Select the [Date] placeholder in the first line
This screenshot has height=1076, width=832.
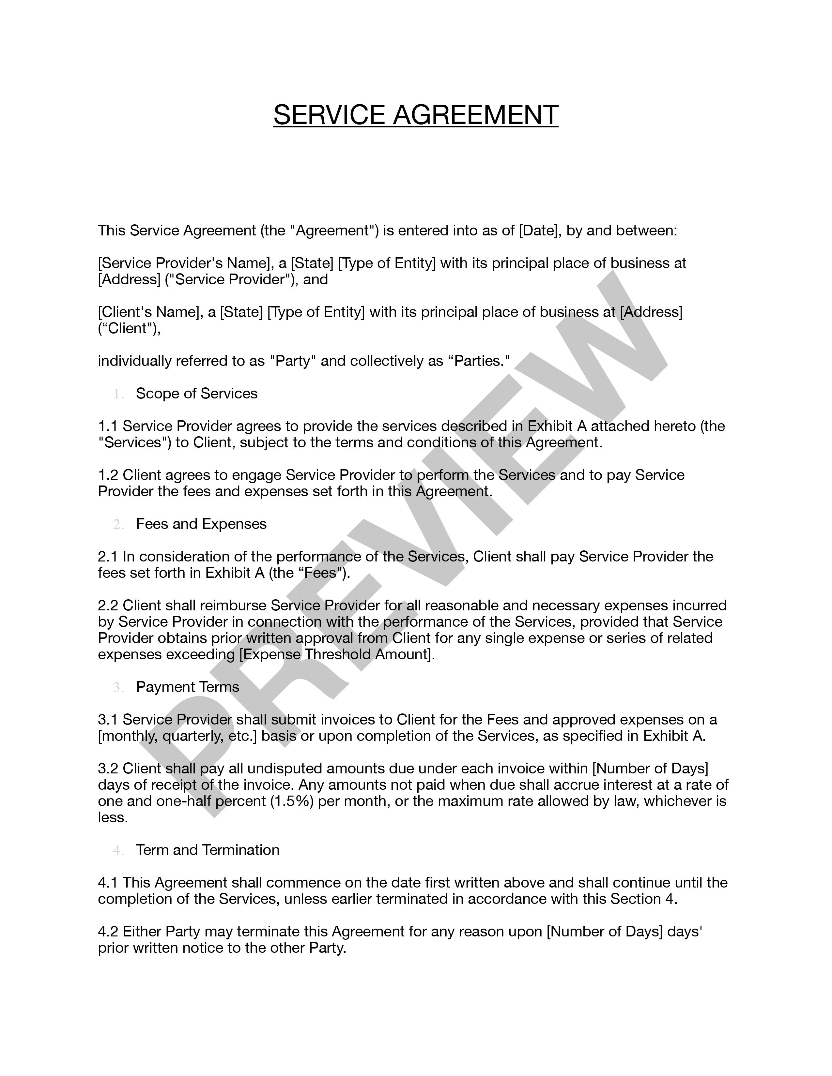(x=539, y=231)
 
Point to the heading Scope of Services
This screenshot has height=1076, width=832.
(x=197, y=394)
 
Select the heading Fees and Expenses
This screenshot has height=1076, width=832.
(x=201, y=524)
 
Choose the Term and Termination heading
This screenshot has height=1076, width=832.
(x=208, y=850)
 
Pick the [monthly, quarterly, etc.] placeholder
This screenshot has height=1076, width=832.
(x=177, y=736)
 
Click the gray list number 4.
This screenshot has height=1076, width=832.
(x=118, y=850)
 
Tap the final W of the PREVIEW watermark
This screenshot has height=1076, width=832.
(x=606, y=335)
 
